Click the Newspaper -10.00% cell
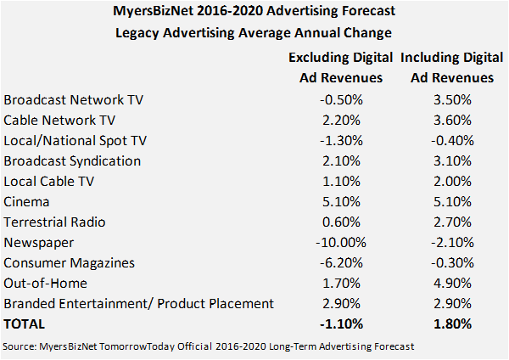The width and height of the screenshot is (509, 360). pyautogui.click(x=341, y=242)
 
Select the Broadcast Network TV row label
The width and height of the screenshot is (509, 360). pyautogui.click(x=74, y=99)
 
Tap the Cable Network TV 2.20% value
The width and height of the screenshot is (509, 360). pyautogui.click(x=341, y=120)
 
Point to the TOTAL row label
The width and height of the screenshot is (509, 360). pyautogui.click(x=25, y=323)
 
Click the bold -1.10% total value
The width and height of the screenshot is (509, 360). pyautogui.click(x=341, y=323)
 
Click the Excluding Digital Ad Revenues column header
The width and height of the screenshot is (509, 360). pyautogui.click(x=341, y=68)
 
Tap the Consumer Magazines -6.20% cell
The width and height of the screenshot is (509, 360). pyautogui.click(x=341, y=262)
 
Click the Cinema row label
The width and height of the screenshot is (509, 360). pyautogui.click(x=27, y=201)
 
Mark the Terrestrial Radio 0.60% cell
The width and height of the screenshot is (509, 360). pyautogui.click(x=341, y=222)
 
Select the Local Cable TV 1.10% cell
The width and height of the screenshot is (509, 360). pyautogui.click(x=341, y=181)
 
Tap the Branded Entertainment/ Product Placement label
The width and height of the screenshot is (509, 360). pyautogui.click(x=139, y=303)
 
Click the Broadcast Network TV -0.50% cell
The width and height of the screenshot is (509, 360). pyautogui.click(x=341, y=99)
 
